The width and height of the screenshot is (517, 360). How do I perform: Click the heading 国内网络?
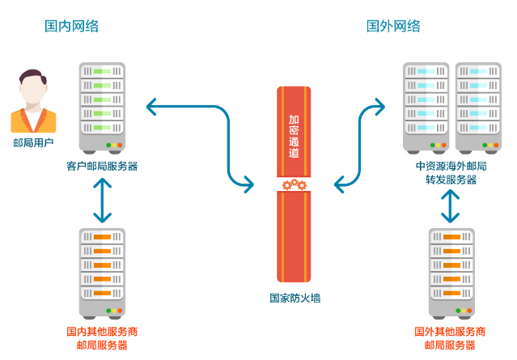click(71, 26)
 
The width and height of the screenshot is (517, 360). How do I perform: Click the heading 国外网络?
click(393, 26)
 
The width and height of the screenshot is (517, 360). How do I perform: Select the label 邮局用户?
click(32, 143)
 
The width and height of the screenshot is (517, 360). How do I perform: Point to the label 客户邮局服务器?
click(102, 167)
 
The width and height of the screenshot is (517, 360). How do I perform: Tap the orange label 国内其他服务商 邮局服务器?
click(101, 338)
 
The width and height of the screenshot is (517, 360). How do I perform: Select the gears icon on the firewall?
click(295, 185)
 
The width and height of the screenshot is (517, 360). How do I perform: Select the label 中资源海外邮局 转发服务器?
click(451, 173)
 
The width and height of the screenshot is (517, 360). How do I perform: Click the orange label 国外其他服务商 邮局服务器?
click(450, 338)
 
